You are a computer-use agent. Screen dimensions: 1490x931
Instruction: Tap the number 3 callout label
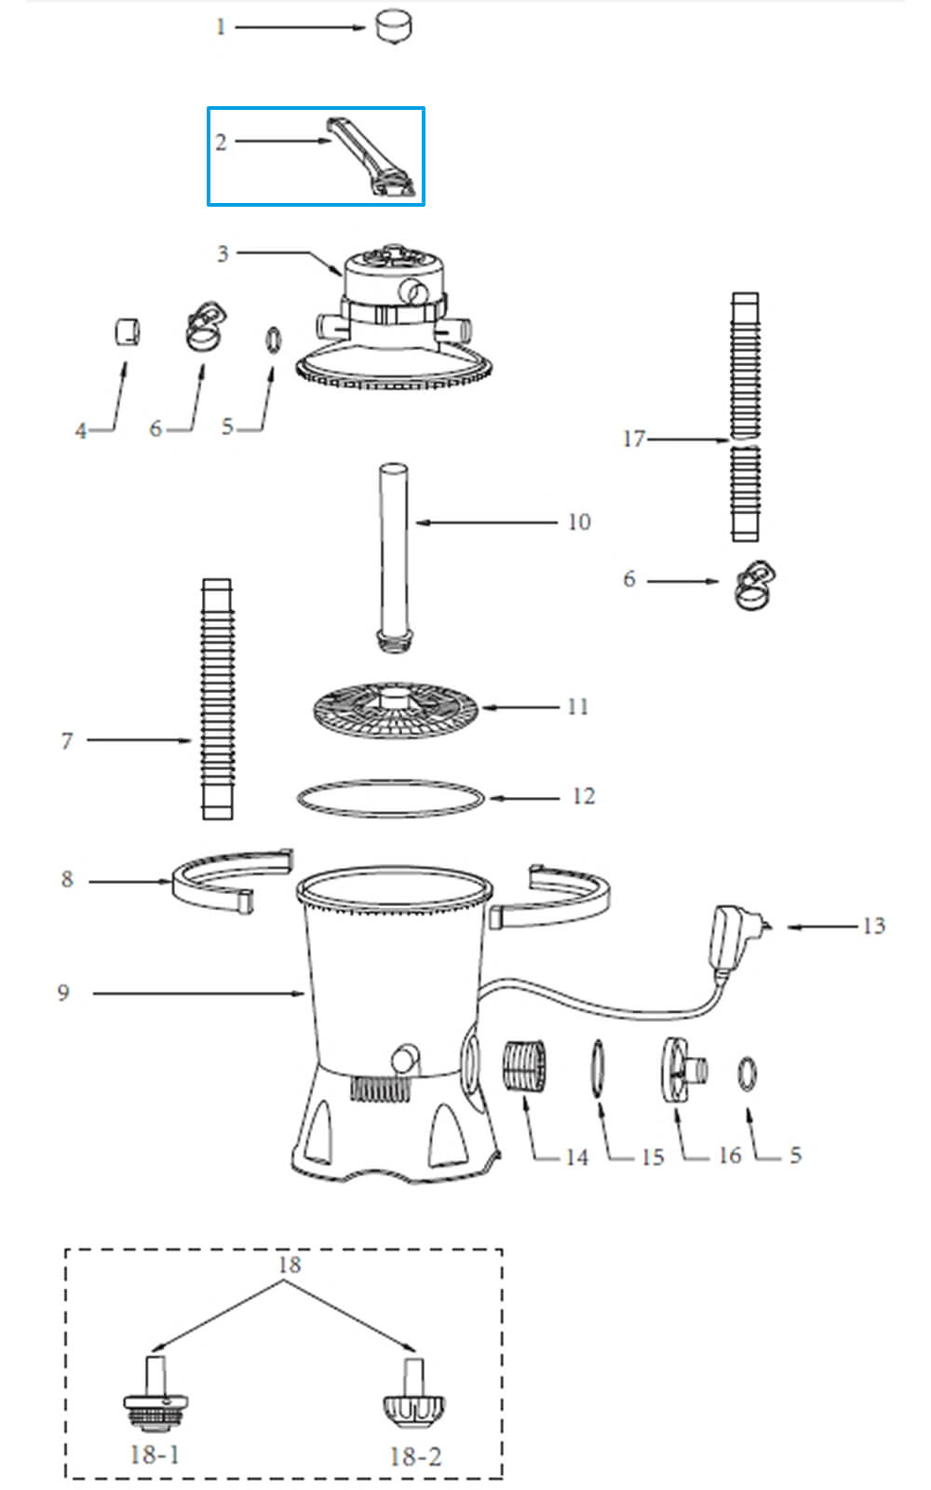click(x=223, y=253)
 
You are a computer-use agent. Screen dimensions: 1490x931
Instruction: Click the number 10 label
click(x=579, y=522)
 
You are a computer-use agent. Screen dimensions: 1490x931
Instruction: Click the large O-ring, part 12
click(x=391, y=798)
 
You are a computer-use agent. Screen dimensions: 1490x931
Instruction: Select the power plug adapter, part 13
click(x=735, y=936)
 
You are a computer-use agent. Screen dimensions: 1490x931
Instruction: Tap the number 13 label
click(x=873, y=926)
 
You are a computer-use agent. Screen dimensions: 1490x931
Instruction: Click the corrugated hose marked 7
click(x=217, y=698)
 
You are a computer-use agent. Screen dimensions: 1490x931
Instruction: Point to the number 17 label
click(x=633, y=439)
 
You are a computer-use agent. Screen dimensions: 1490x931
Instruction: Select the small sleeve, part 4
click(x=127, y=331)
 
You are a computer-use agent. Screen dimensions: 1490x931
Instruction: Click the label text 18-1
click(x=155, y=1454)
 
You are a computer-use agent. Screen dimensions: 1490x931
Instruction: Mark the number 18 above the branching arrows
click(x=290, y=1265)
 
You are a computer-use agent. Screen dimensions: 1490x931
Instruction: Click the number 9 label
click(x=63, y=993)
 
